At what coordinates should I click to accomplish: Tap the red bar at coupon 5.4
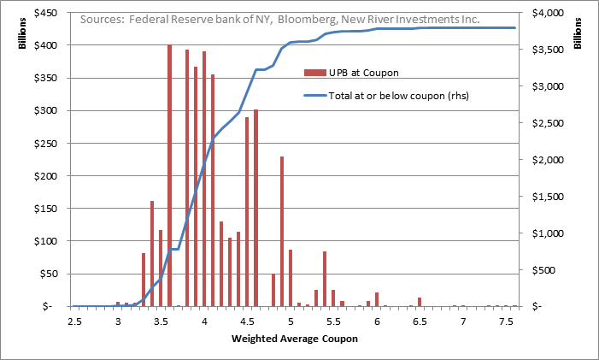(325, 279)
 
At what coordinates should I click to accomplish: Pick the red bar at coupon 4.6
(255, 208)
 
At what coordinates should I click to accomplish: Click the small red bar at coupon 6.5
(420, 302)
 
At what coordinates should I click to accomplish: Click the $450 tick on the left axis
(51, 13)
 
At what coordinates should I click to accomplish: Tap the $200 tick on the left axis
(51, 176)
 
